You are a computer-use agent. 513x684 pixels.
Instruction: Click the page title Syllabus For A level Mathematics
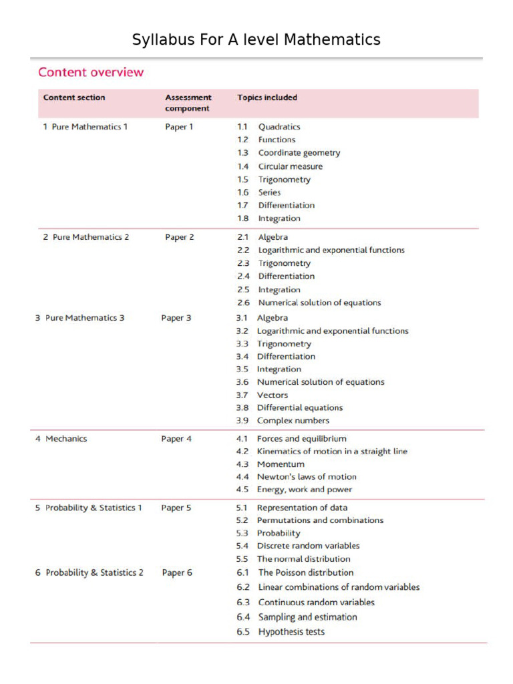point(256,40)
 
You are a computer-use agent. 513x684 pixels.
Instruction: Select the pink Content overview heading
point(91,72)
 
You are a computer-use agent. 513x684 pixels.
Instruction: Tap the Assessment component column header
point(188,103)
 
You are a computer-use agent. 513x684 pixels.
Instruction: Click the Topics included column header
point(267,98)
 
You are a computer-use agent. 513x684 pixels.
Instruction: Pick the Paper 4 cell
point(176,439)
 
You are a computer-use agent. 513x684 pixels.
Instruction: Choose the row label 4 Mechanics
point(61,439)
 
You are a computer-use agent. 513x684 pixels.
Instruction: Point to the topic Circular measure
point(290,166)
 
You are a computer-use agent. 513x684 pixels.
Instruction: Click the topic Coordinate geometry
point(299,153)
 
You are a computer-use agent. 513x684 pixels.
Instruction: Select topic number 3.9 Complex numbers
point(293,421)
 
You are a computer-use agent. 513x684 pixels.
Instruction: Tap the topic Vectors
point(273,395)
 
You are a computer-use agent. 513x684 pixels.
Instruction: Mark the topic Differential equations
point(299,407)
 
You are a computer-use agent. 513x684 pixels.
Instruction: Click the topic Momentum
point(281,464)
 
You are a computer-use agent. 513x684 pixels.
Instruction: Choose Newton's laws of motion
point(307,477)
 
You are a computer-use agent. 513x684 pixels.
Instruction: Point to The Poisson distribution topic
point(305,572)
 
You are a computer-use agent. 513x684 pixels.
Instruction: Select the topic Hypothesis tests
point(291,632)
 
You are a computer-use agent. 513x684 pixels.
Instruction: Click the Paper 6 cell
point(177,572)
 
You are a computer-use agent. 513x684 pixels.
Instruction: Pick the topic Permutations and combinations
point(320,520)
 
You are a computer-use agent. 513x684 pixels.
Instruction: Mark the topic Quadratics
point(279,127)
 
